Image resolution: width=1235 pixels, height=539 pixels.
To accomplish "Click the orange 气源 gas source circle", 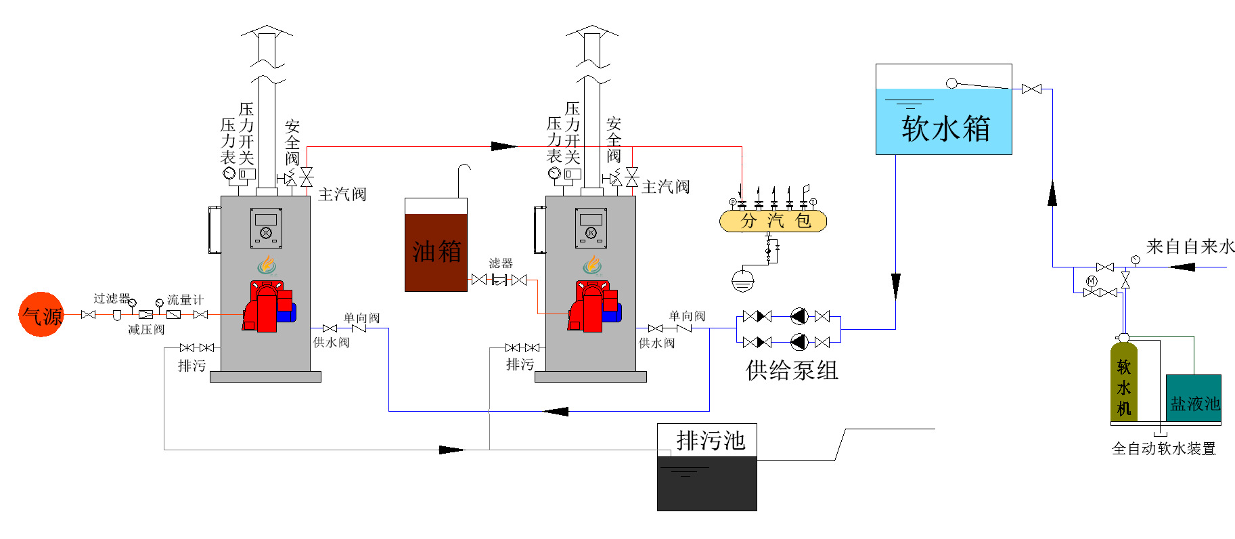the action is point(41,315).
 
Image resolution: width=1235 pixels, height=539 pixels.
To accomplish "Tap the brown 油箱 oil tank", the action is point(436,252).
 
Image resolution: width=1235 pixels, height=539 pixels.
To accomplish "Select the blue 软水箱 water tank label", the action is point(945,128).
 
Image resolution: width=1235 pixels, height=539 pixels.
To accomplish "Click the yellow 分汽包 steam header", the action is point(773,221).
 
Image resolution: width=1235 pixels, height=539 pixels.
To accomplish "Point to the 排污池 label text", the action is point(711,441).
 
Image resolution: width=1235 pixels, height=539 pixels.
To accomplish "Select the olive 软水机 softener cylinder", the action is point(1123,383).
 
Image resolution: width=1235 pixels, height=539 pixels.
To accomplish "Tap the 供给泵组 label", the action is point(792,370).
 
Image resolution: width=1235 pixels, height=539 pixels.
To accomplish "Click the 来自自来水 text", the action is point(1190,246).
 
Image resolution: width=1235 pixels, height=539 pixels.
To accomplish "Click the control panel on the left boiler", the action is point(266,228).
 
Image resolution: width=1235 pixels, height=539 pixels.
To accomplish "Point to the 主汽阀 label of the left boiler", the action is point(342,194).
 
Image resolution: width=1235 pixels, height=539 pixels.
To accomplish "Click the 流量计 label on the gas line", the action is point(185,299).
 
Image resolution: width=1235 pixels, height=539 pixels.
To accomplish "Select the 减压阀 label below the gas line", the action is point(146,330).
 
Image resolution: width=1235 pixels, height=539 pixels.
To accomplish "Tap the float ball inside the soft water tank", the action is point(951,83).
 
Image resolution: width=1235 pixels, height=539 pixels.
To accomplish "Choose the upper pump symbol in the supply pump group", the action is point(799,316).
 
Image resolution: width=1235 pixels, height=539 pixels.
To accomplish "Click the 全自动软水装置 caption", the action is point(1163,449).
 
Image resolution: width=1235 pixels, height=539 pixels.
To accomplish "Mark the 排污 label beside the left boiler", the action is point(192,366).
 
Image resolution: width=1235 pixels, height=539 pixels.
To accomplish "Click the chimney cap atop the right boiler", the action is point(592,30).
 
